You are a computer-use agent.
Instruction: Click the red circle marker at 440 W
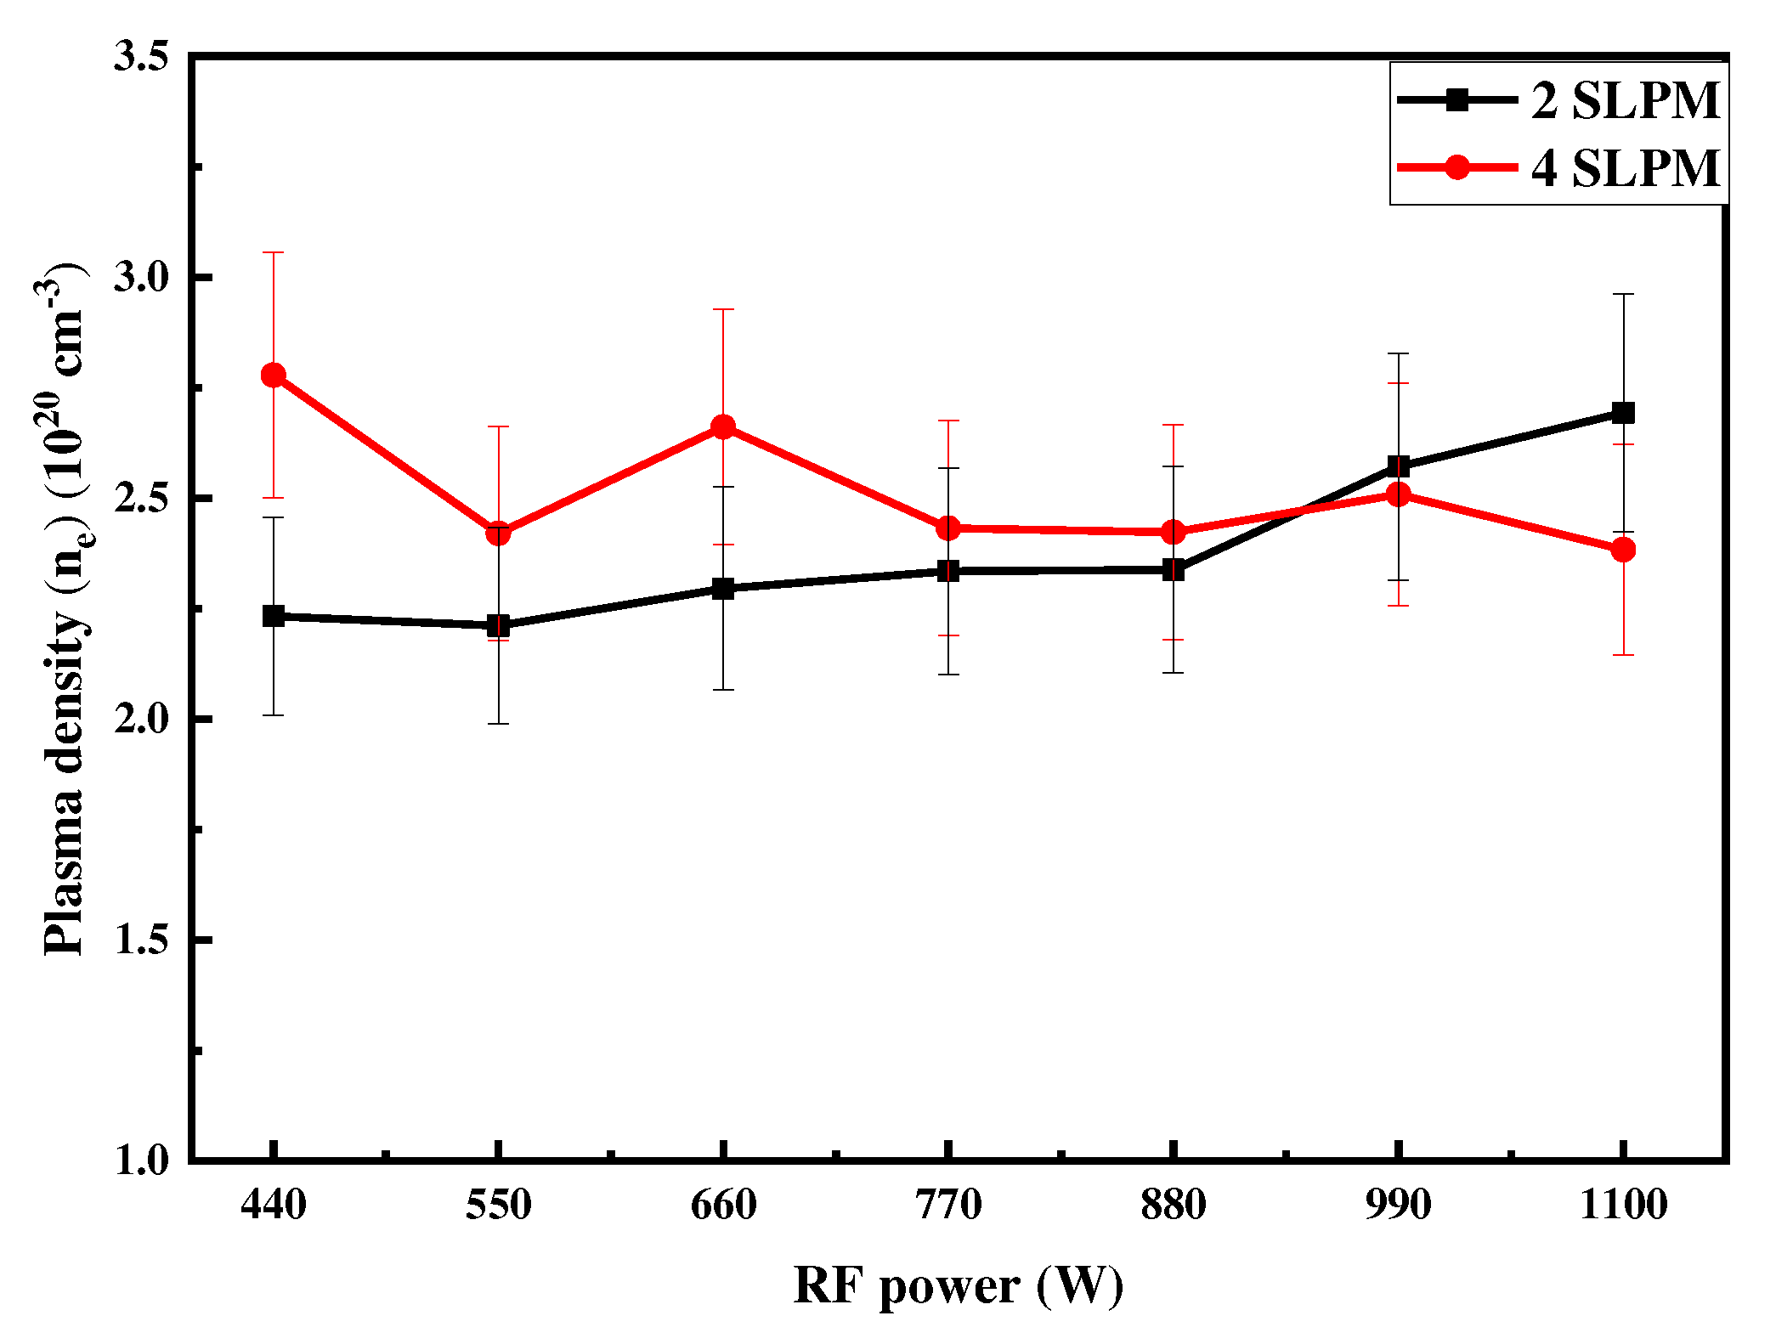point(273,375)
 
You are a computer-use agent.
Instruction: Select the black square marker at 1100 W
point(1623,413)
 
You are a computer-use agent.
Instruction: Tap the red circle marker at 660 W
point(723,426)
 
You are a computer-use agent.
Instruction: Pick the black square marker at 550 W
point(498,626)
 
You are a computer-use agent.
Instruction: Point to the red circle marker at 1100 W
point(1623,550)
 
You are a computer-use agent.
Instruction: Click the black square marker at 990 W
point(1399,466)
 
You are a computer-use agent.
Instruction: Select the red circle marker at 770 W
point(948,528)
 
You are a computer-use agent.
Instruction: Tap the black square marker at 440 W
point(273,616)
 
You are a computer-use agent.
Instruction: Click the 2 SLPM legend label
point(1625,100)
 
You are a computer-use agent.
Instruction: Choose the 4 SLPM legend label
point(1625,167)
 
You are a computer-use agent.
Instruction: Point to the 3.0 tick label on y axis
point(141,278)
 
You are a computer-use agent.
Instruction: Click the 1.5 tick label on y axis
point(141,940)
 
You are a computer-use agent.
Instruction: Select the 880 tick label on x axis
point(1173,1205)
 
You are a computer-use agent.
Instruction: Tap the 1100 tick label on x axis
point(1623,1205)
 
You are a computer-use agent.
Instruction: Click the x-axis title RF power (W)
point(958,1285)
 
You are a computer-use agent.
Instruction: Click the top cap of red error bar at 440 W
point(273,252)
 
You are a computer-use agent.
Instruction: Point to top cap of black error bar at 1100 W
point(1623,294)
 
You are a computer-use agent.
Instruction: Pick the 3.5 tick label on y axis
point(141,57)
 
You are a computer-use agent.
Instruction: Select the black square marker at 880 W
point(1173,569)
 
